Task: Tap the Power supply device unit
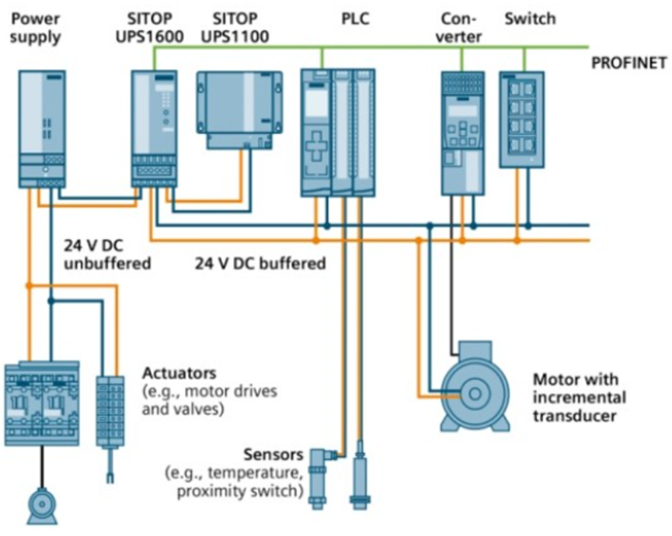pos(40,128)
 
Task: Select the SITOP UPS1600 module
pos(155,128)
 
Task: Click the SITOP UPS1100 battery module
pos(239,109)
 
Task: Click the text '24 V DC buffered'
pos(260,264)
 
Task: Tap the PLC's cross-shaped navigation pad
pos(318,147)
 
